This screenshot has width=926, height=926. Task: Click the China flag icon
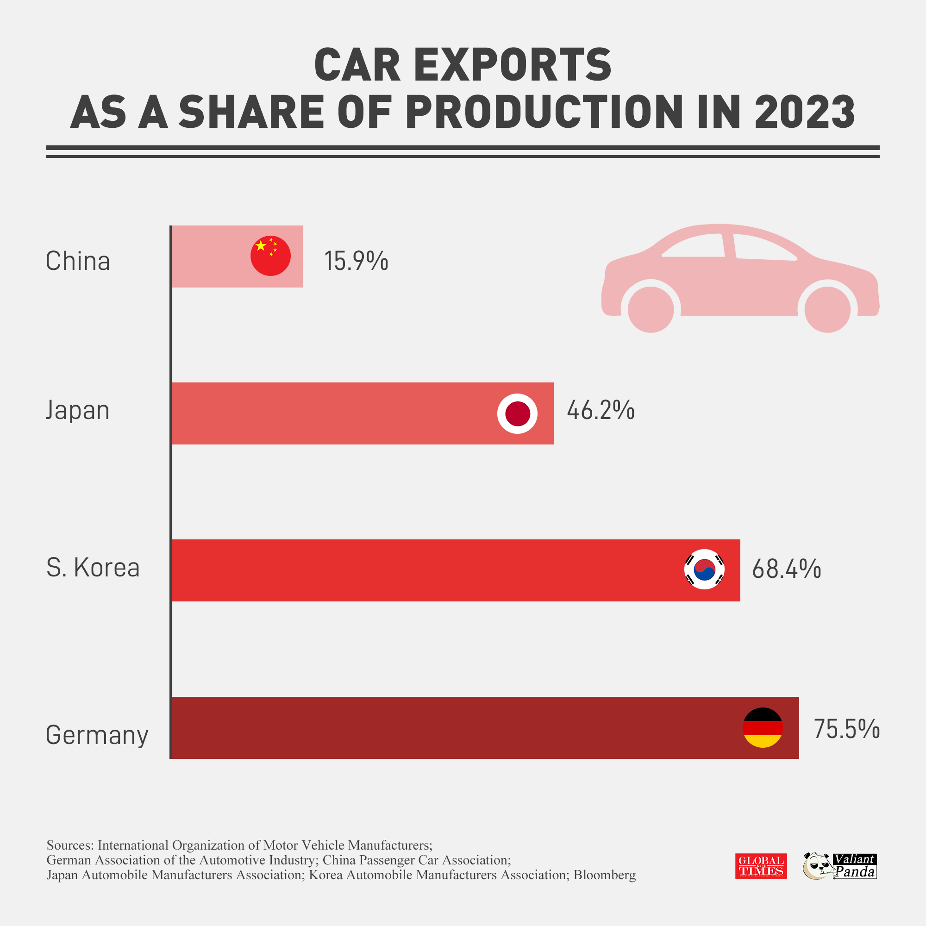coord(270,256)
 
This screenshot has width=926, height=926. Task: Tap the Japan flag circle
coord(517,413)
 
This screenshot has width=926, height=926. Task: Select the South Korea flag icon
coord(704,569)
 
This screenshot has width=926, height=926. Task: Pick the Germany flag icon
coord(763,727)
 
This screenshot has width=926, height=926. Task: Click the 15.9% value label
coord(356,261)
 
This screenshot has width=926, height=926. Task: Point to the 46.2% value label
coord(601,411)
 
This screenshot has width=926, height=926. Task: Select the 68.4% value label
coord(787,569)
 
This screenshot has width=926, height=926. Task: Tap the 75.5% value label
coord(846,729)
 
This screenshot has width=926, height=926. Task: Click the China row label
coord(78,262)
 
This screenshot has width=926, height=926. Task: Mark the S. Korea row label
coord(93,568)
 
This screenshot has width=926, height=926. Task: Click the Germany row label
coord(97,735)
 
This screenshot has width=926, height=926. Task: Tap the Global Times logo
coord(761,866)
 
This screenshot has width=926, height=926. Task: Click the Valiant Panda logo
coord(840,866)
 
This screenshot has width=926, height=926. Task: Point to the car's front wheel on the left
coord(651,310)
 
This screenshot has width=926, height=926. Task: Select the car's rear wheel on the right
coord(827,310)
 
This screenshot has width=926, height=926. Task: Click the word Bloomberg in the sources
coord(604,875)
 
